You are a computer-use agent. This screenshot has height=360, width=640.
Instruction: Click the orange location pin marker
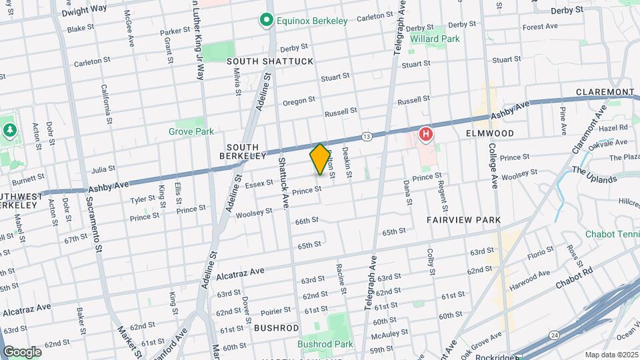pyautogui.click(x=320, y=159)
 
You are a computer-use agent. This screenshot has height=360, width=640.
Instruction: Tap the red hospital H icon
pyautogui.click(x=425, y=135)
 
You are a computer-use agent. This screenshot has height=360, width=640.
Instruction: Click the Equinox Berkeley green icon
pyautogui.click(x=267, y=21)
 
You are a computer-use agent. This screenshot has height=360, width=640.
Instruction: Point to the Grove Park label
pyautogui.click(x=191, y=131)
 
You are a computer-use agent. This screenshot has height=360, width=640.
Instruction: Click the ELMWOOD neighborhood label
pyautogui.click(x=489, y=133)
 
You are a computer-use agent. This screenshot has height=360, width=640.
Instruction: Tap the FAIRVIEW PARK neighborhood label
pyautogui.click(x=464, y=219)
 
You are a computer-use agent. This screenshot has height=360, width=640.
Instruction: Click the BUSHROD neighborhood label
pyautogui.click(x=276, y=328)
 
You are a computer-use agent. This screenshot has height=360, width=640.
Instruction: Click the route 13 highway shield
pyautogui.click(x=367, y=136)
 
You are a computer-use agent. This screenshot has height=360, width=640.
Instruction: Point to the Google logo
pyautogui.click(x=22, y=351)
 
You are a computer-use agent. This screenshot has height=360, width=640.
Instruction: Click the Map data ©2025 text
pyautogui.click(x=611, y=355)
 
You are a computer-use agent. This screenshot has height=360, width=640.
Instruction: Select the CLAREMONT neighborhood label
pyautogui.click(x=605, y=92)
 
